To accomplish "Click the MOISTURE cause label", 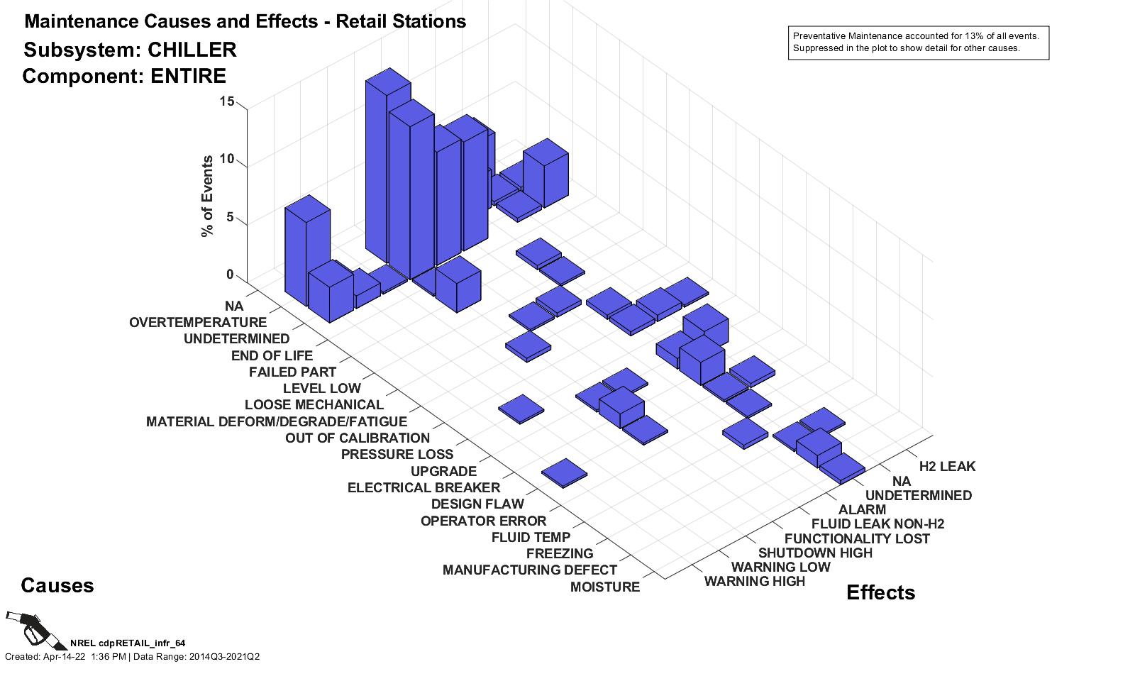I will [x=604, y=587].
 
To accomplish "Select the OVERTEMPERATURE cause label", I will [x=198, y=323].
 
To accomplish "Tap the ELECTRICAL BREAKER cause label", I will [x=423, y=488].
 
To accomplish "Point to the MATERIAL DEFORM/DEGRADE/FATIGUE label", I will [x=277, y=422].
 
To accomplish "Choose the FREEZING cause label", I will [x=560, y=554].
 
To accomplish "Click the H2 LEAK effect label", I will [x=947, y=467].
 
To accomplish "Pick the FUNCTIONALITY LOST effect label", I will [x=856, y=539].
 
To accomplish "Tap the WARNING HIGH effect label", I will [x=754, y=582].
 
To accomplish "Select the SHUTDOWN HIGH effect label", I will [x=815, y=553].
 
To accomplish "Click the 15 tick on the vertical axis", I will [x=227, y=101].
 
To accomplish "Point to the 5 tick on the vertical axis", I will [x=230, y=217].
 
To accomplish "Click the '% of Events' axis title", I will [x=207, y=196].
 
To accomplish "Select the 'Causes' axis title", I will [x=57, y=586].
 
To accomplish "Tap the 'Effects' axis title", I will [x=880, y=593].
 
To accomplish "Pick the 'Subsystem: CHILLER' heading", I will [x=130, y=50].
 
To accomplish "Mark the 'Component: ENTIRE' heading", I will [x=124, y=77].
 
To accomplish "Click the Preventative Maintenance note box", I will [x=918, y=43].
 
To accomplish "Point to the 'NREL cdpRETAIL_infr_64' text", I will [x=128, y=643].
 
